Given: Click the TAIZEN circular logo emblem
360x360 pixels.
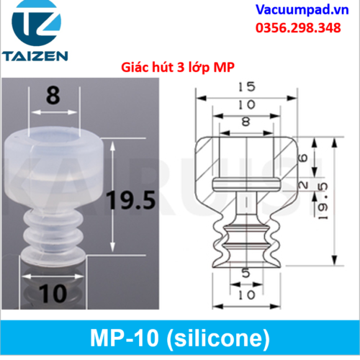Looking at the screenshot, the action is [x=37, y=22].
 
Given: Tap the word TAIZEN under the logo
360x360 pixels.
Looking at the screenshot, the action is [x=35, y=55].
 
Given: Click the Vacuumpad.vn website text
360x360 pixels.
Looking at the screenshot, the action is [x=302, y=10].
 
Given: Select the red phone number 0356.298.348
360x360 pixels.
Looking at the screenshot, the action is [x=298, y=28].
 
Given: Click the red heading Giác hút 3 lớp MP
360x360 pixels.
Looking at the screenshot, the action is [x=178, y=68].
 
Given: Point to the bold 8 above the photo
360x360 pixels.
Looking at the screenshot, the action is [x=53, y=96].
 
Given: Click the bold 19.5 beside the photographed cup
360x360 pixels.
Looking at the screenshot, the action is [x=131, y=200].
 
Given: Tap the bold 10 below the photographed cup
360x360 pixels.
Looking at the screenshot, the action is [x=53, y=293].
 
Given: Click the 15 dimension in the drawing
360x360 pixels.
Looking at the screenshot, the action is [x=247, y=86].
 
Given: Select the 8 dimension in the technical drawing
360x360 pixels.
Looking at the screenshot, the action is [x=246, y=122].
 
